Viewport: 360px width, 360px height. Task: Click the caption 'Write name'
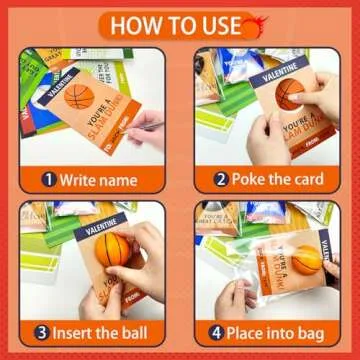click(98, 180)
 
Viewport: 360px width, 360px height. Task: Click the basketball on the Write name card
click(79, 98)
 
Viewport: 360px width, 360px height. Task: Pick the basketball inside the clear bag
click(307, 259)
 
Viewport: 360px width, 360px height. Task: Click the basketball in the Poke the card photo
click(291, 93)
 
